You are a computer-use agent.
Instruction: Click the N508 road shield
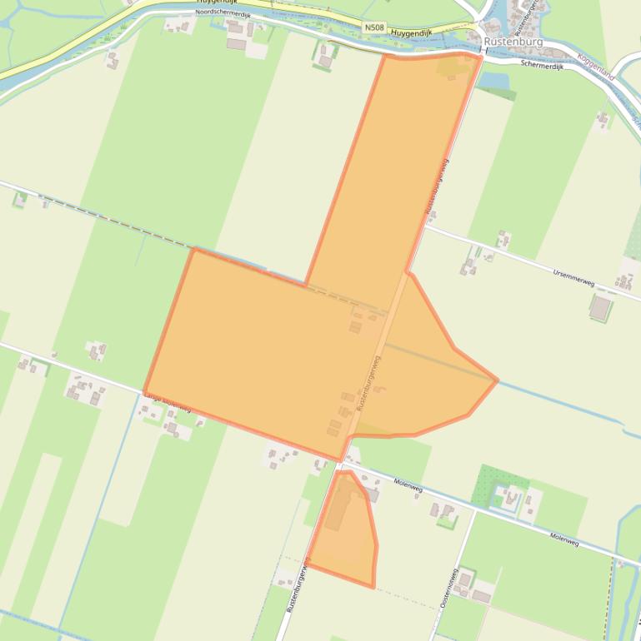coord(374,28)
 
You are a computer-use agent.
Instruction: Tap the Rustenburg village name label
coord(513,41)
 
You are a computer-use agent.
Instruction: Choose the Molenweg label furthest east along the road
coord(564,539)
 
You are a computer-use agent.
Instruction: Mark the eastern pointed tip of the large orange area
coord(497,380)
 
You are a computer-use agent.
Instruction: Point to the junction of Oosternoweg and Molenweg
coord(476,509)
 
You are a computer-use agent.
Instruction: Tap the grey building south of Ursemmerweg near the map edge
coord(600,307)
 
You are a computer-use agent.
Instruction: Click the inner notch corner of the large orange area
coord(306,285)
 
